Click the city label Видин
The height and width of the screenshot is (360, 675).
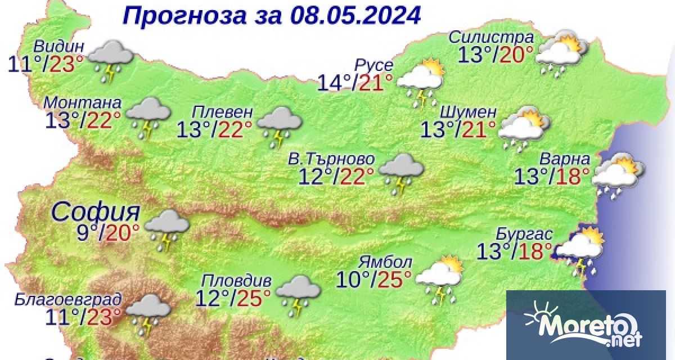coord(59,47)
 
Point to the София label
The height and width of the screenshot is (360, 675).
coord(96,213)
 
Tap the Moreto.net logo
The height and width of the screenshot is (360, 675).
coord(585,326)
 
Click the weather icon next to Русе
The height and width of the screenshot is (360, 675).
coord(421,81)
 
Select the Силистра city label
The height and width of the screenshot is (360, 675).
coord(491,37)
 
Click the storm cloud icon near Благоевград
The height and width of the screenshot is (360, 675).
coord(148,312)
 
